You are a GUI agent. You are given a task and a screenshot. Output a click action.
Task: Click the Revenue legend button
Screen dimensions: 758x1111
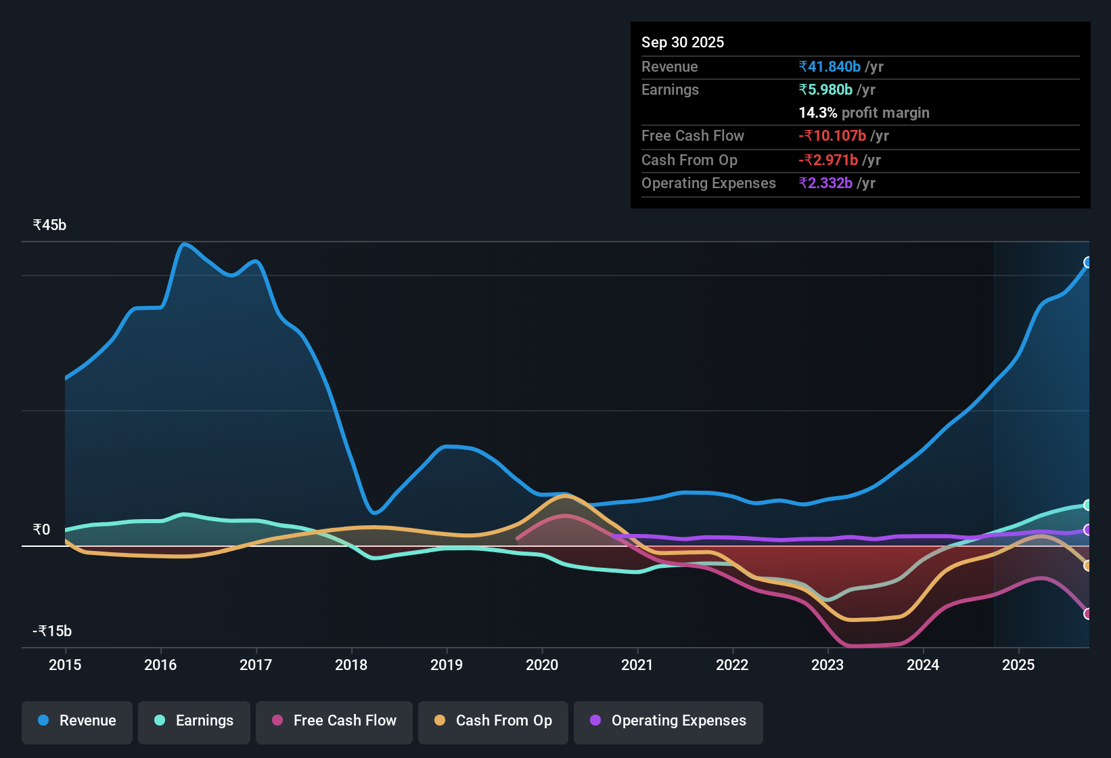(x=77, y=721)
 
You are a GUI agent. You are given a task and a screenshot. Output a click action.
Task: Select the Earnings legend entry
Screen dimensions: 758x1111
(x=194, y=721)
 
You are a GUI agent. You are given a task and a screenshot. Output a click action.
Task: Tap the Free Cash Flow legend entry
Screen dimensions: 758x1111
(x=334, y=721)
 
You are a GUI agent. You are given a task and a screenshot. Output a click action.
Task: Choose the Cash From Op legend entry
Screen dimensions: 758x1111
(x=493, y=721)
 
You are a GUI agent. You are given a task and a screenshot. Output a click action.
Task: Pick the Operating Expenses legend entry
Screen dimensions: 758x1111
(x=668, y=721)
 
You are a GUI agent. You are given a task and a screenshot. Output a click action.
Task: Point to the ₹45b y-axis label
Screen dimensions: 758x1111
(x=49, y=225)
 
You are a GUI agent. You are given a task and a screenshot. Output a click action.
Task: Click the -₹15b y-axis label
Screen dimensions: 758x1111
(x=52, y=631)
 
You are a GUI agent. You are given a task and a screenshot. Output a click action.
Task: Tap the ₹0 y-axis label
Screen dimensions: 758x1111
(x=42, y=530)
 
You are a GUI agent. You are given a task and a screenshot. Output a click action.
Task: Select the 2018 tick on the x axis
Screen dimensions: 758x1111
(x=351, y=665)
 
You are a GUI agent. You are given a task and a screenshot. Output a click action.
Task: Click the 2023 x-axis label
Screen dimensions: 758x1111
(x=827, y=665)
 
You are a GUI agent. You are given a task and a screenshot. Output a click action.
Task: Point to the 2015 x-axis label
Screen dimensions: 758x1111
(x=65, y=665)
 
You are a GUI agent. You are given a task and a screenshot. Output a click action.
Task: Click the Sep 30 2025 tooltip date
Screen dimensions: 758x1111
(x=682, y=42)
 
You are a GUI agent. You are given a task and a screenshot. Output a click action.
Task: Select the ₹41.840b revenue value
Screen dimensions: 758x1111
(x=830, y=66)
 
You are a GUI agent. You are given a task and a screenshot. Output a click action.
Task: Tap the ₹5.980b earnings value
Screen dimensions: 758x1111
(x=825, y=89)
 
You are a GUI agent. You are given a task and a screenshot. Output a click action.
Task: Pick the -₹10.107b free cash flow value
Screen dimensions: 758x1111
(x=832, y=135)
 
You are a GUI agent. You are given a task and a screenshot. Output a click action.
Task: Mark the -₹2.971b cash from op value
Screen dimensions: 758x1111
(x=828, y=160)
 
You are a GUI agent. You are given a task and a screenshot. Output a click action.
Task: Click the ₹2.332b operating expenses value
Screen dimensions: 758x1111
(x=825, y=183)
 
